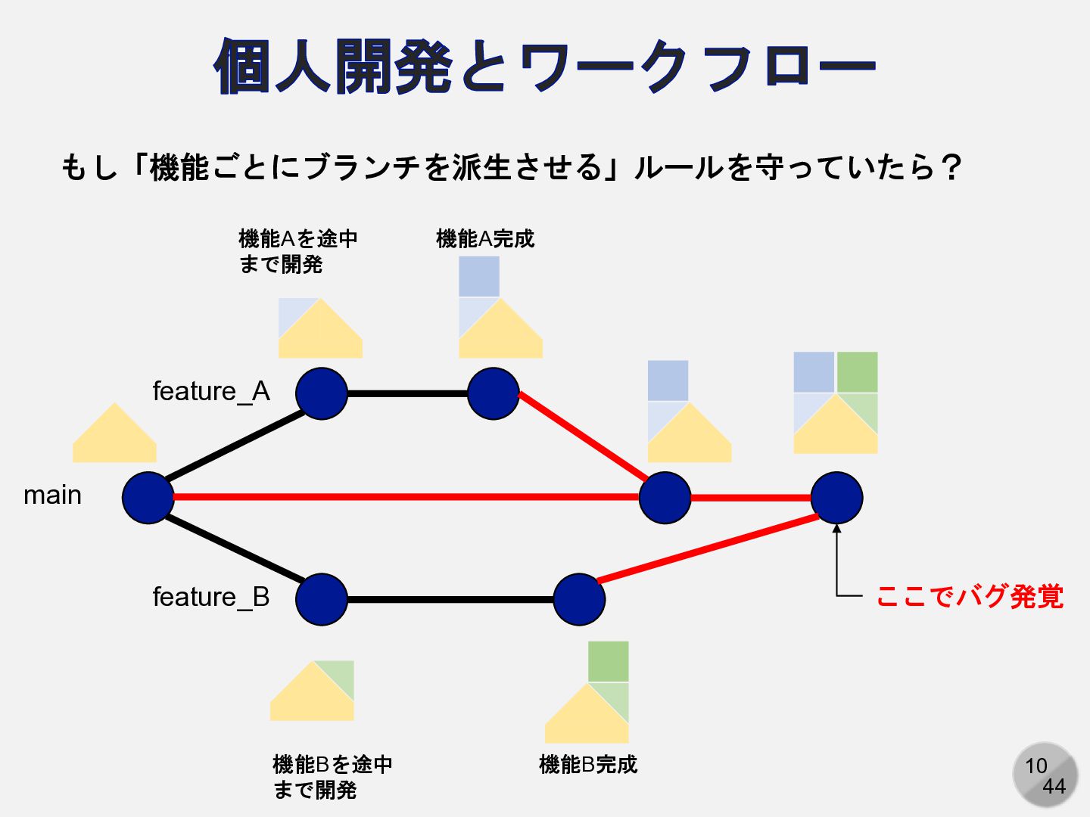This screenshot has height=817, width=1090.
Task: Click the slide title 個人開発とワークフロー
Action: click(545, 67)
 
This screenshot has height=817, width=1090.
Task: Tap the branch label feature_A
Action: click(211, 392)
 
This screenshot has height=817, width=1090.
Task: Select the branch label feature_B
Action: click(211, 598)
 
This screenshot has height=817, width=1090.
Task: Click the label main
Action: click(52, 495)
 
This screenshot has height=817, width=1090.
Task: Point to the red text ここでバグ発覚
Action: click(970, 597)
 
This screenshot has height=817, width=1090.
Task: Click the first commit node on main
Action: click(148, 498)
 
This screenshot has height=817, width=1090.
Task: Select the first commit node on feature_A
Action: click(322, 393)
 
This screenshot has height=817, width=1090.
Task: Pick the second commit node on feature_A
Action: click(494, 393)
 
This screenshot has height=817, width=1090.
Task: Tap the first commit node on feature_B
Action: click(322, 599)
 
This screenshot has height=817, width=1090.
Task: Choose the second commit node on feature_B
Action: click(579, 599)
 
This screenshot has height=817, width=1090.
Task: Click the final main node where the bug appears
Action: click(836, 498)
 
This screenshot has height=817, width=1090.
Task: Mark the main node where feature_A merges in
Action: click(665, 498)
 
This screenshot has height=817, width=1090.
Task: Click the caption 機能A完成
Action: click(485, 239)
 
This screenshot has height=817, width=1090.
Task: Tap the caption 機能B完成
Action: click(588, 765)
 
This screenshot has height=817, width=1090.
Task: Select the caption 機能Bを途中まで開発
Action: click(332, 777)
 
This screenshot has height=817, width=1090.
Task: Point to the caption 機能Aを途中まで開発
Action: click(297, 251)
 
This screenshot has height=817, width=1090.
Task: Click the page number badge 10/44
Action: click(1045, 775)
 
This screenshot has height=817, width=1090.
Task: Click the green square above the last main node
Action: click(857, 371)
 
